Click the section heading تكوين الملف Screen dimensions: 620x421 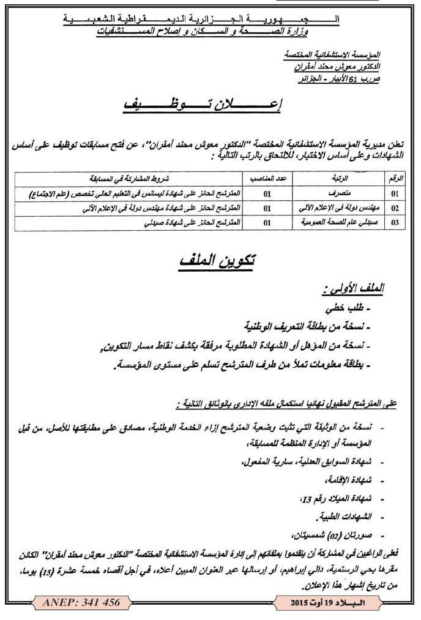(218, 261)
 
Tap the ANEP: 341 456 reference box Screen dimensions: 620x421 (81, 603)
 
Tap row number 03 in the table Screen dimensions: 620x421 (395, 223)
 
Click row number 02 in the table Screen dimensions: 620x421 (395, 208)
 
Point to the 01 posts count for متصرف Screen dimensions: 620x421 (267, 193)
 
